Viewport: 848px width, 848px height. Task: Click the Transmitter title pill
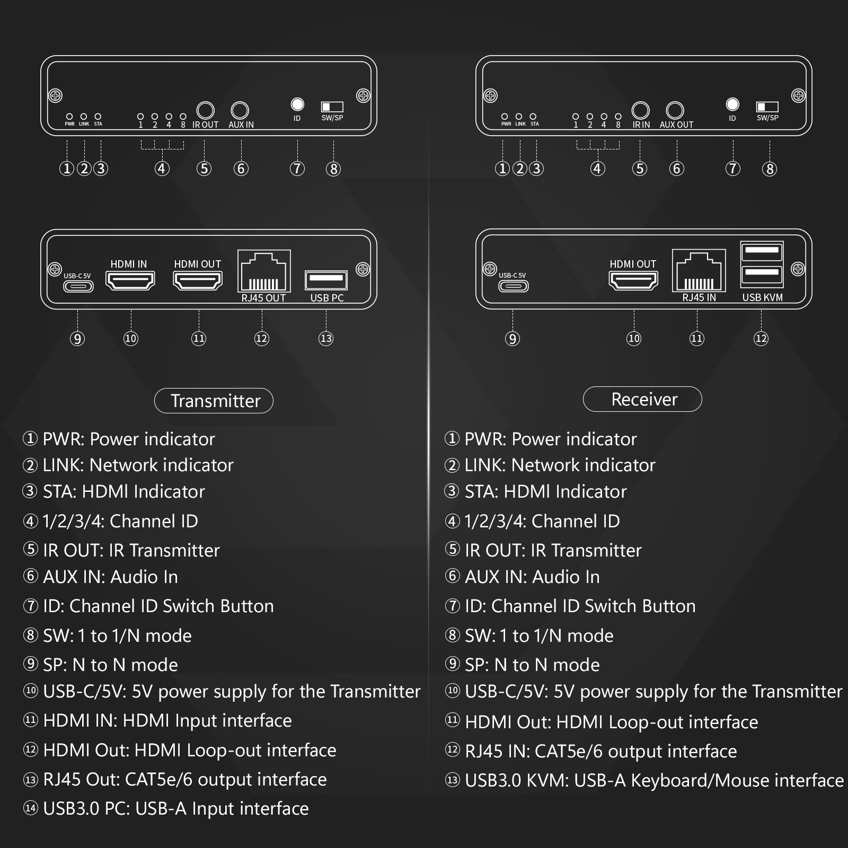click(x=214, y=401)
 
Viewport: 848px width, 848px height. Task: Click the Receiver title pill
click(x=642, y=399)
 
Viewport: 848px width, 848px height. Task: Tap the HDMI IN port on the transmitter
click(x=130, y=280)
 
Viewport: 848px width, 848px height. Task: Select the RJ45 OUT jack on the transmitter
click(x=264, y=271)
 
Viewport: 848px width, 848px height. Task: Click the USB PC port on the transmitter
click(x=326, y=280)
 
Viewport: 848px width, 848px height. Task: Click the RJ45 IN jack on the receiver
click(x=699, y=270)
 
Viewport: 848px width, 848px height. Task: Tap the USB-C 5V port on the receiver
click(x=513, y=286)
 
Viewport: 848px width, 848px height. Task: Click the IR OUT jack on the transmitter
click(x=205, y=110)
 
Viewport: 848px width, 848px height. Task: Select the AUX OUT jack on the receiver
click(x=675, y=110)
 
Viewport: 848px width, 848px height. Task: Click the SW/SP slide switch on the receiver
click(x=767, y=107)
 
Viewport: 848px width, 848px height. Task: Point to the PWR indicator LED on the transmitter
click(x=69, y=116)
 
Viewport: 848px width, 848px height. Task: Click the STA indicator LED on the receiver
click(x=533, y=116)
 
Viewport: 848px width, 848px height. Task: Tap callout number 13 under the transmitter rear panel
click(x=326, y=338)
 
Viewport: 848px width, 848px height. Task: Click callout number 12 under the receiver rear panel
click(x=761, y=338)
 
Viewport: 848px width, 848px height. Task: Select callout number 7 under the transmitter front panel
click(x=297, y=169)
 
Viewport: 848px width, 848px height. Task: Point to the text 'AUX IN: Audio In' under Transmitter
click(x=110, y=577)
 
